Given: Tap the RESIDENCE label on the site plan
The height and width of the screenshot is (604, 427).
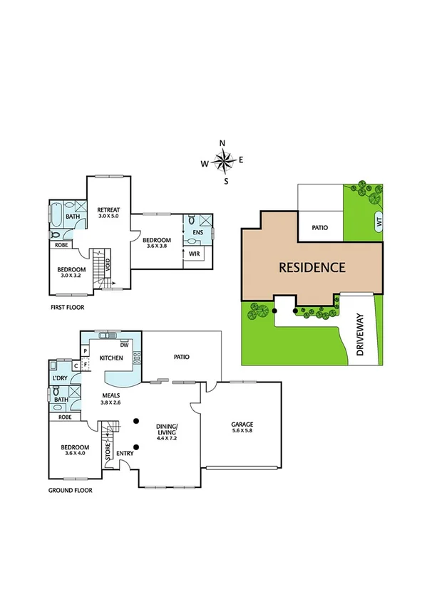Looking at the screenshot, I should [x=312, y=268].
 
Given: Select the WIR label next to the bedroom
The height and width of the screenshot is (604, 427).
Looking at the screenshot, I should [x=194, y=254].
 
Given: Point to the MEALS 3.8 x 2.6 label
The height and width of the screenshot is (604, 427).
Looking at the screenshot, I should [x=110, y=397].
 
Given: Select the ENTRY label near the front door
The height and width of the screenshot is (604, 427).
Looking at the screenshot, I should [x=125, y=452].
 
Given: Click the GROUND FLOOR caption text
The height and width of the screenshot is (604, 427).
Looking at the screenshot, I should [x=70, y=490].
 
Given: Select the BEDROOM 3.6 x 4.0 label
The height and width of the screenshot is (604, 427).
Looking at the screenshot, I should [x=75, y=449].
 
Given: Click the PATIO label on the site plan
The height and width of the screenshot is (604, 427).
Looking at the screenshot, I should [x=320, y=228].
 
